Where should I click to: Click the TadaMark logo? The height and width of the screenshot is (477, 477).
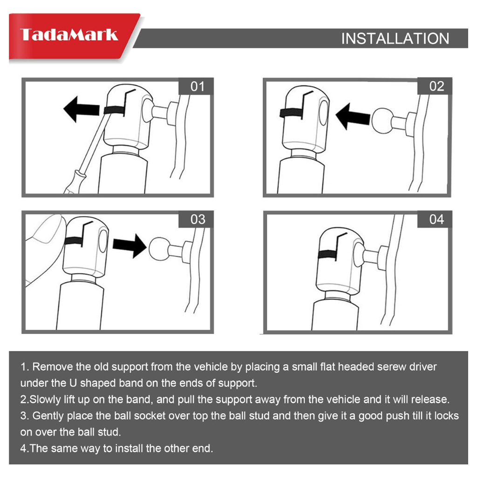(x=69, y=34)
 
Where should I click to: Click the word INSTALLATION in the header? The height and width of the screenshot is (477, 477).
(x=395, y=39)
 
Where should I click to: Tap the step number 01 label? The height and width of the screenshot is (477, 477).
(x=198, y=86)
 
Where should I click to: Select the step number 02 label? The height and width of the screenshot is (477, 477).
(x=436, y=86)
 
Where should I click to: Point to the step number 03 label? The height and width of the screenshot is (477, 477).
(x=198, y=219)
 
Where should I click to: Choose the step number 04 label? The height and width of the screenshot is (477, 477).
(x=436, y=219)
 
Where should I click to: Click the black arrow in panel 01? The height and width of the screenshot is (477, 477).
(x=81, y=109)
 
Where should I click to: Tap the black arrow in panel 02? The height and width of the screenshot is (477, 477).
(x=353, y=116)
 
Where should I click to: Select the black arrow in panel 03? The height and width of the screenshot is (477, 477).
(x=129, y=246)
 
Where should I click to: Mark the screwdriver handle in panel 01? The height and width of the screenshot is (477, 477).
(x=75, y=183)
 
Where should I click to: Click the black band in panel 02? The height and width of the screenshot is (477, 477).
(x=291, y=113)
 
